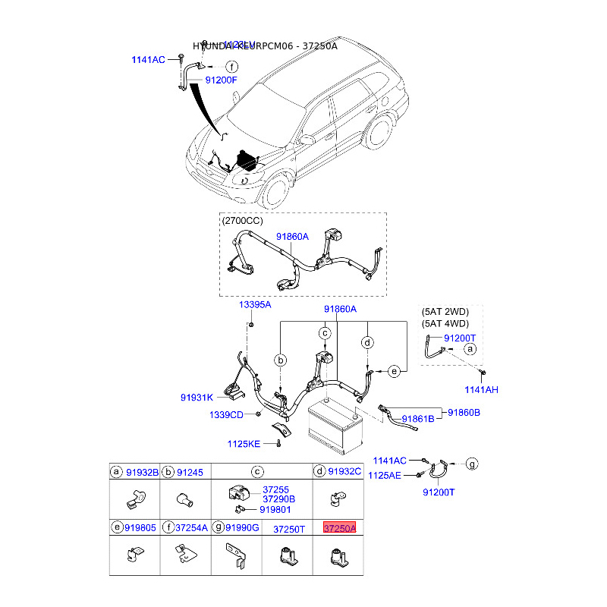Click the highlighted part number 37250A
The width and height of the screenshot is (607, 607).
(339, 528)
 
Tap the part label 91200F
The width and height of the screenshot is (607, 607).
(222, 80)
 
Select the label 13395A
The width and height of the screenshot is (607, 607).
(255, 304)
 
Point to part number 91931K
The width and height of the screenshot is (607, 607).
(196, 398)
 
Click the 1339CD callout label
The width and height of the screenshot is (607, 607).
(226, 415)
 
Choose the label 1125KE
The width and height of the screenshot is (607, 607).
(243, 444)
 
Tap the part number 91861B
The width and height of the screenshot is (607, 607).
(418, 418)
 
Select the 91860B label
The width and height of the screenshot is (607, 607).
(464, 413)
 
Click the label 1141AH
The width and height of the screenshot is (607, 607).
(481, 389)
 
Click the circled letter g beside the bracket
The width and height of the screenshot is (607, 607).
(471, 463)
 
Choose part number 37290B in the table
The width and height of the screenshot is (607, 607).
(278, 499)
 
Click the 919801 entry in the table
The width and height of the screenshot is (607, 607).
(275, 510)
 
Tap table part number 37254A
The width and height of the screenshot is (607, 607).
(191, 528)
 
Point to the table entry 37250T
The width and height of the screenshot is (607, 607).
(288, 528)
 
